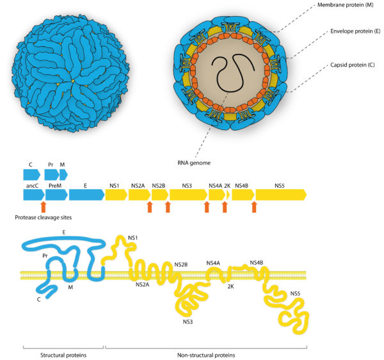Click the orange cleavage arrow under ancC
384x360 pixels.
point(42,206)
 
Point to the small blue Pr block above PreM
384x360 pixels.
point(51,174)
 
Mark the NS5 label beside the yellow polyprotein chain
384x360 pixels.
point(295,294)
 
